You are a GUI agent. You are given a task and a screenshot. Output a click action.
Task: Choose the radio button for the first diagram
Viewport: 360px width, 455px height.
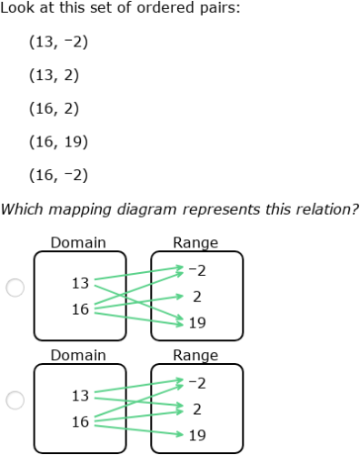pos(15,288)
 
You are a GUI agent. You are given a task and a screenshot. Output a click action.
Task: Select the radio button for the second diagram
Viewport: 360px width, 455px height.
pos(15,399)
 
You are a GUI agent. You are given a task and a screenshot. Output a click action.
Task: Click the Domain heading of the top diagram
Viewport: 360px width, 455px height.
pos(78,243)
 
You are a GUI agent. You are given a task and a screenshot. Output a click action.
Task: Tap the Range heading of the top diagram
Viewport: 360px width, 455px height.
pos(195,243)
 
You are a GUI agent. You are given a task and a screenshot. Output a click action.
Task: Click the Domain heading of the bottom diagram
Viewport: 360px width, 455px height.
pos(78,355)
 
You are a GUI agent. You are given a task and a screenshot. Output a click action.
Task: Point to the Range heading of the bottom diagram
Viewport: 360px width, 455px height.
pos(195,355)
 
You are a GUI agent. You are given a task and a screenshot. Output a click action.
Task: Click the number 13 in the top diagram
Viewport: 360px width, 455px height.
pos(80,283)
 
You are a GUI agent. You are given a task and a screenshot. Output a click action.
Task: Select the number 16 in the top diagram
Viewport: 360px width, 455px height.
pos(80,309)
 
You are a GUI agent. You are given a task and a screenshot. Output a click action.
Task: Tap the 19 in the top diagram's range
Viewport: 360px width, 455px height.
pos(197,322)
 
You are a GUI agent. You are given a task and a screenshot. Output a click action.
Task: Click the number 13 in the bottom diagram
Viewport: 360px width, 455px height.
pos(80,396)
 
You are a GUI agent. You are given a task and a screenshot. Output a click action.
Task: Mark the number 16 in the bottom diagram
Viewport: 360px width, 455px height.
pos(80,422)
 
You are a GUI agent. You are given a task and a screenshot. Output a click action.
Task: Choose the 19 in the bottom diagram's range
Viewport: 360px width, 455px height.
pos(197,435)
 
